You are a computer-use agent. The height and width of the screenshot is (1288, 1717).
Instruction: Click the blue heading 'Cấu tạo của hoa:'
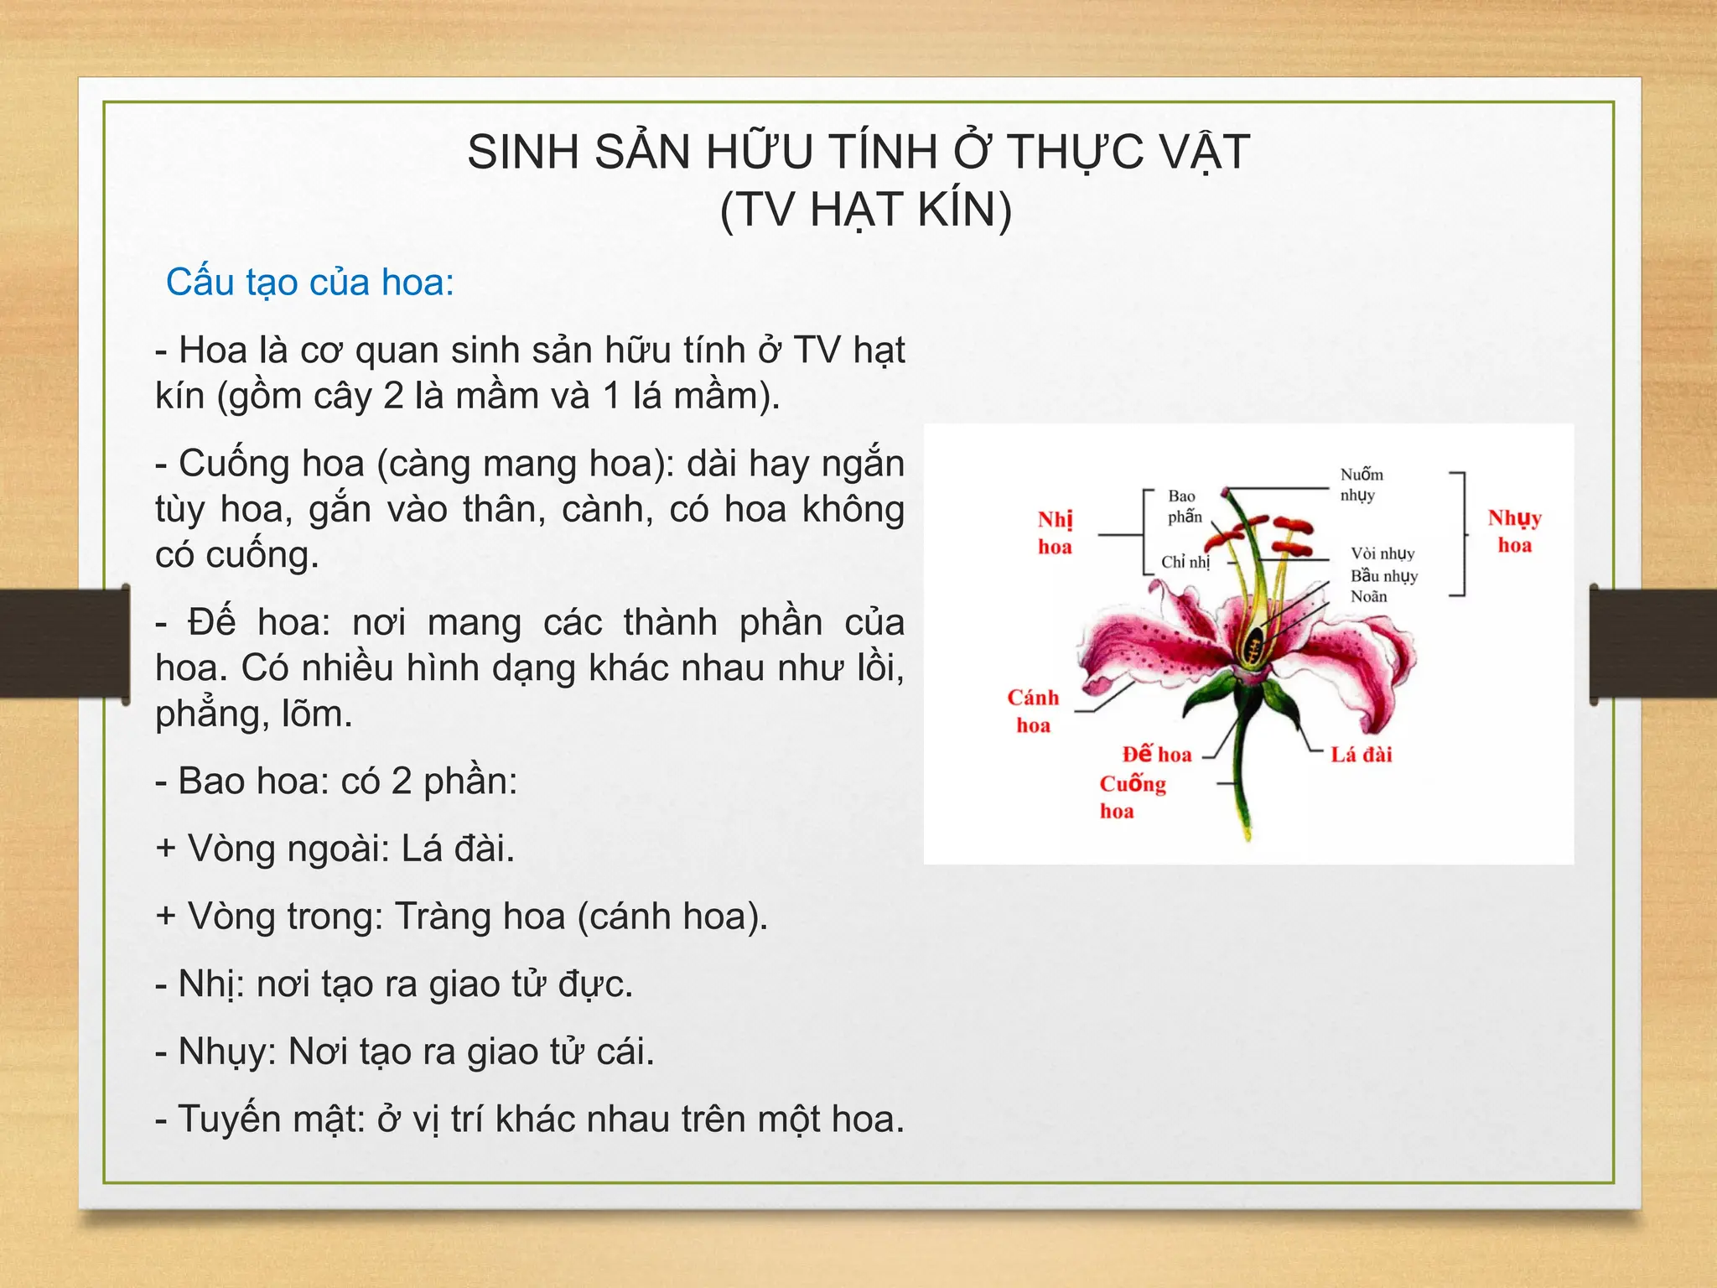[310, 283]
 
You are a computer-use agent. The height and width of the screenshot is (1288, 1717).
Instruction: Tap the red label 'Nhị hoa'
[1055, 533]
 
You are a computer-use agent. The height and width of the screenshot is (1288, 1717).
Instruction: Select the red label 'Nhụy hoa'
[1514, 532]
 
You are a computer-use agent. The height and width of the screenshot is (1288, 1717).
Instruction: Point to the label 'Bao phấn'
[1184, 506]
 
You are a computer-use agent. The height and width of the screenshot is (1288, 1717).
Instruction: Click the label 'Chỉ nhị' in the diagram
[1185, 562]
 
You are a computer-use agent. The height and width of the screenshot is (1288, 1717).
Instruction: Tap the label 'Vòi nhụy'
[1382, 553]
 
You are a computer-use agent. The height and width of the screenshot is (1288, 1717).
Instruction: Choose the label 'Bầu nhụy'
[1383, 576]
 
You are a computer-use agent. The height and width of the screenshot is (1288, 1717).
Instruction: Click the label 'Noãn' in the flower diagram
[1368, 596]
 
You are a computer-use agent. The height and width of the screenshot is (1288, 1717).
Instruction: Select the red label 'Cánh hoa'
[1033, 711]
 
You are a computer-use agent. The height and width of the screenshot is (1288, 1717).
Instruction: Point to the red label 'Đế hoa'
[1157, 755]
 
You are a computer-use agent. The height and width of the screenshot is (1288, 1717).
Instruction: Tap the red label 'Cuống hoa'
[1132, 797]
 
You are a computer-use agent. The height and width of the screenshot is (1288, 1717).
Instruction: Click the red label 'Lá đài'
[1361, 755]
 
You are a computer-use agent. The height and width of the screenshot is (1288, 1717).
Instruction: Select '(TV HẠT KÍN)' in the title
[866, 210]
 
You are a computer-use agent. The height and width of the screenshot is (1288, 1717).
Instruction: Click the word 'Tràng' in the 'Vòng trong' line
[431, 917]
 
